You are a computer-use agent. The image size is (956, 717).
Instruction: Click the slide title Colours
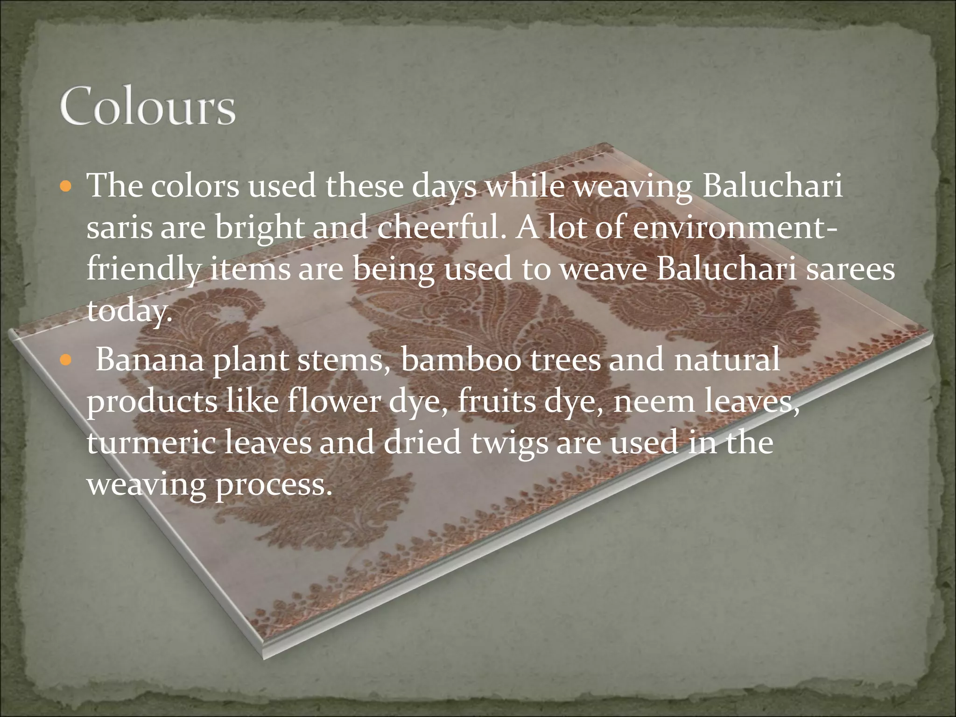pyautogui.click(x=148, y=106)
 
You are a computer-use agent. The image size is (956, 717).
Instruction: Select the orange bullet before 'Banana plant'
pyautogui.click(x=67, y=360)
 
